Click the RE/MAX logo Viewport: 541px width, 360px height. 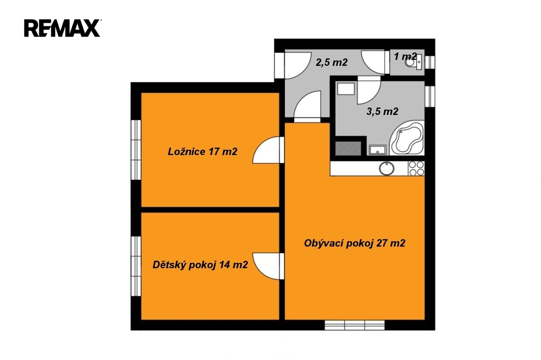(62, 28)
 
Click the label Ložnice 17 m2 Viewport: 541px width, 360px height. (202, 151)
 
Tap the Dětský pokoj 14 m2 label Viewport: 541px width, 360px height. (200, 265)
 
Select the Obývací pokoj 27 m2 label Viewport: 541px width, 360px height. (355, 243)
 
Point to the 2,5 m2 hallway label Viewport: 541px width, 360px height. (332, 62)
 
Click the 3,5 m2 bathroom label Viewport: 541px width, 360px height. (383, 111)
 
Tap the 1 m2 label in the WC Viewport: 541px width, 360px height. (405, 56)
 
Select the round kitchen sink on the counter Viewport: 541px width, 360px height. (386, 168)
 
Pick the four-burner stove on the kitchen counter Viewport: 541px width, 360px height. (416, 168)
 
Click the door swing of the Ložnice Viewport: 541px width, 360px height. (268, 150)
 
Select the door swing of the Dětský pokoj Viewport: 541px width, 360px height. (268, 266)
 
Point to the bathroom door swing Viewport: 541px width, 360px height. (369, 90)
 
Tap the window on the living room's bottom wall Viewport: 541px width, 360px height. (355, 325)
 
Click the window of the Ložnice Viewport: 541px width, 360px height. (136, 150)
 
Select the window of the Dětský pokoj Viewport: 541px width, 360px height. (136, 266)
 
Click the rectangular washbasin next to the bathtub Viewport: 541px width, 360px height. (377, 150)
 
